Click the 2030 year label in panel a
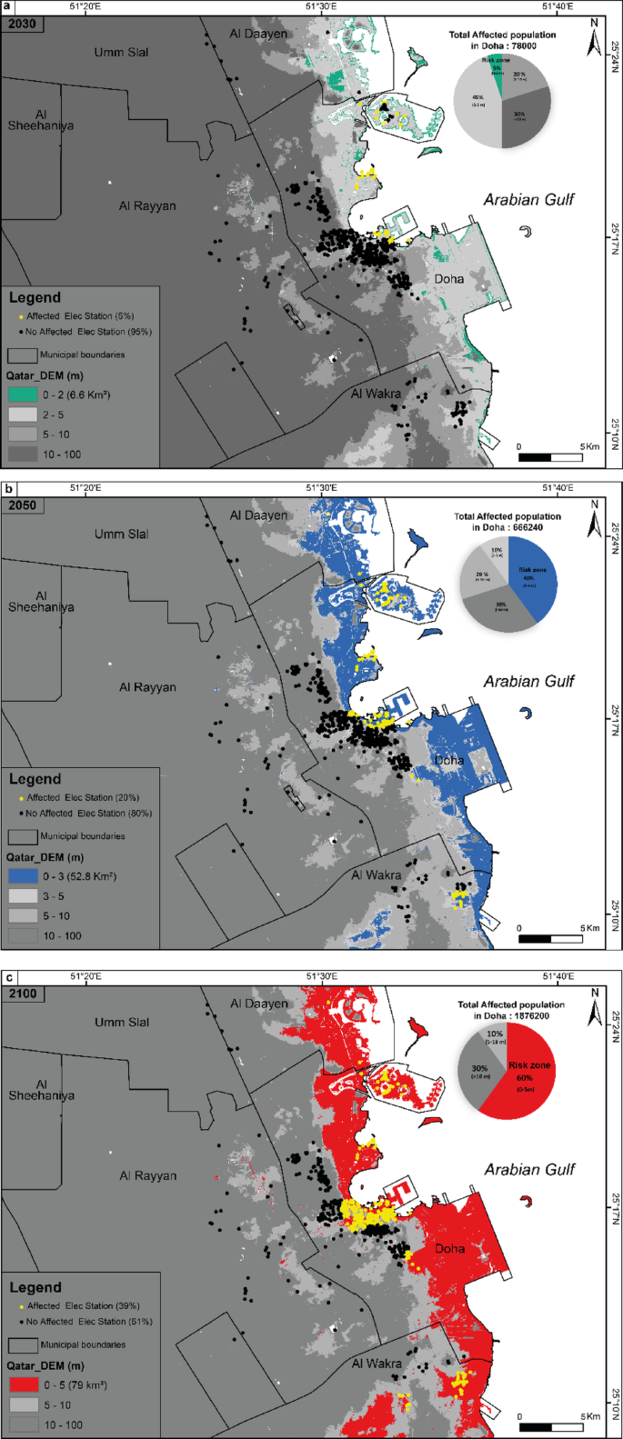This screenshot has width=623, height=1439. point(22,24)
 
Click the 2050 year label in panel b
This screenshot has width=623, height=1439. point(22,505)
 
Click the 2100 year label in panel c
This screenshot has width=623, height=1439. point(22,994)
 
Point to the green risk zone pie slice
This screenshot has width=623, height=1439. point(497,73)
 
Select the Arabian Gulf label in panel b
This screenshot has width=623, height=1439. point(528,681)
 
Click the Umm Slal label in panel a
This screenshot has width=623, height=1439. point(121,53)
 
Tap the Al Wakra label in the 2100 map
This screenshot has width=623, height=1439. point(377,1364)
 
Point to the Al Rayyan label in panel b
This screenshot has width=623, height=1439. point(147,687)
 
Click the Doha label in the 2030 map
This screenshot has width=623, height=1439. point(449,279)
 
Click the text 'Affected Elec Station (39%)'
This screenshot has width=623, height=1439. point(89,1306)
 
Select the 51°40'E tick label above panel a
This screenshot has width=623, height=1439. point(557,6)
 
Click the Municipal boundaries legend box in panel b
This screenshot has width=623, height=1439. point(23,836)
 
